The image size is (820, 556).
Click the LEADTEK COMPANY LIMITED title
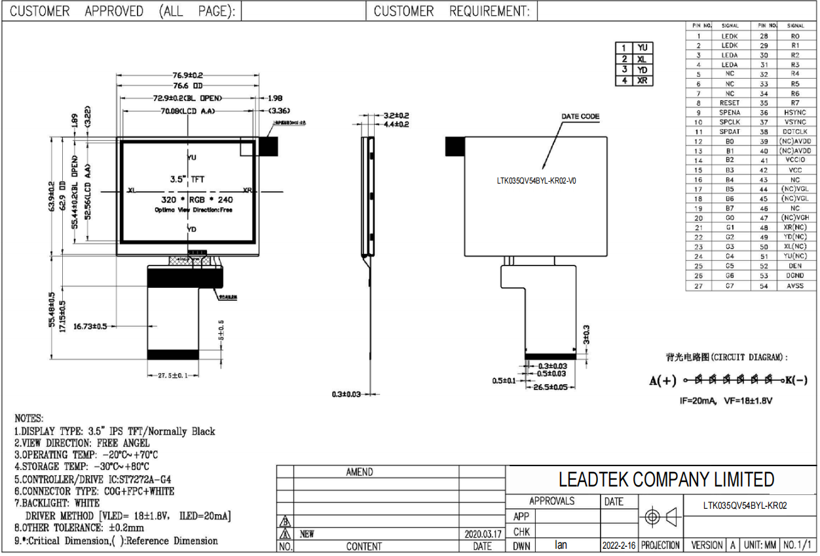tap(666, 479)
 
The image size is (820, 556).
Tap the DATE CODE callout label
tap(580, 117)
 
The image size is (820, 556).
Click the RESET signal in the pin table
tap(730, 103)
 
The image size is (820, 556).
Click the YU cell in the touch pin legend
tap(643, 48)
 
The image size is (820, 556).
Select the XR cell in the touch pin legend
tap(643, 81)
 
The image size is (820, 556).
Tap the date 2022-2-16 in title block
tap(618, 546)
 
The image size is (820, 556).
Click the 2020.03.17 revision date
tap(481, 534)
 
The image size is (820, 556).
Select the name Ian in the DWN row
tap(561, 545)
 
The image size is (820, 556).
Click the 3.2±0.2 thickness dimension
tap(396, 115)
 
